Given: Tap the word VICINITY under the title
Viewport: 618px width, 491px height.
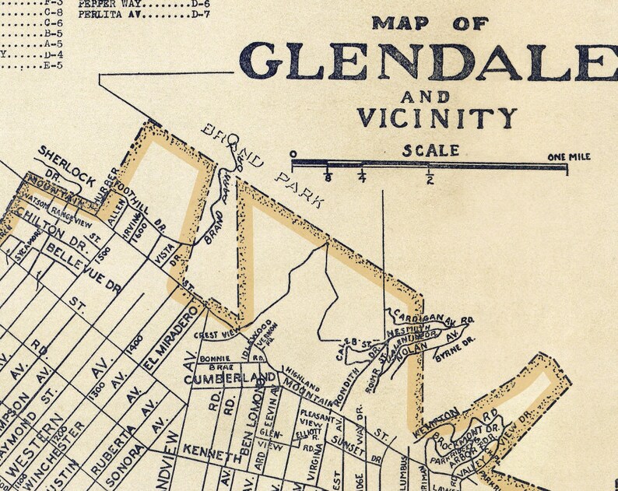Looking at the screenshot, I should coord(437,117).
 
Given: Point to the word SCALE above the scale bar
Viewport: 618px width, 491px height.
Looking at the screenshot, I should coord(430,150).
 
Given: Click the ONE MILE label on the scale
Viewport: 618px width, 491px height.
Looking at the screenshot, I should coord(568,157).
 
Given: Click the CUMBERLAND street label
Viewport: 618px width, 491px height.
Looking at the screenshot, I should coord(230,378).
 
